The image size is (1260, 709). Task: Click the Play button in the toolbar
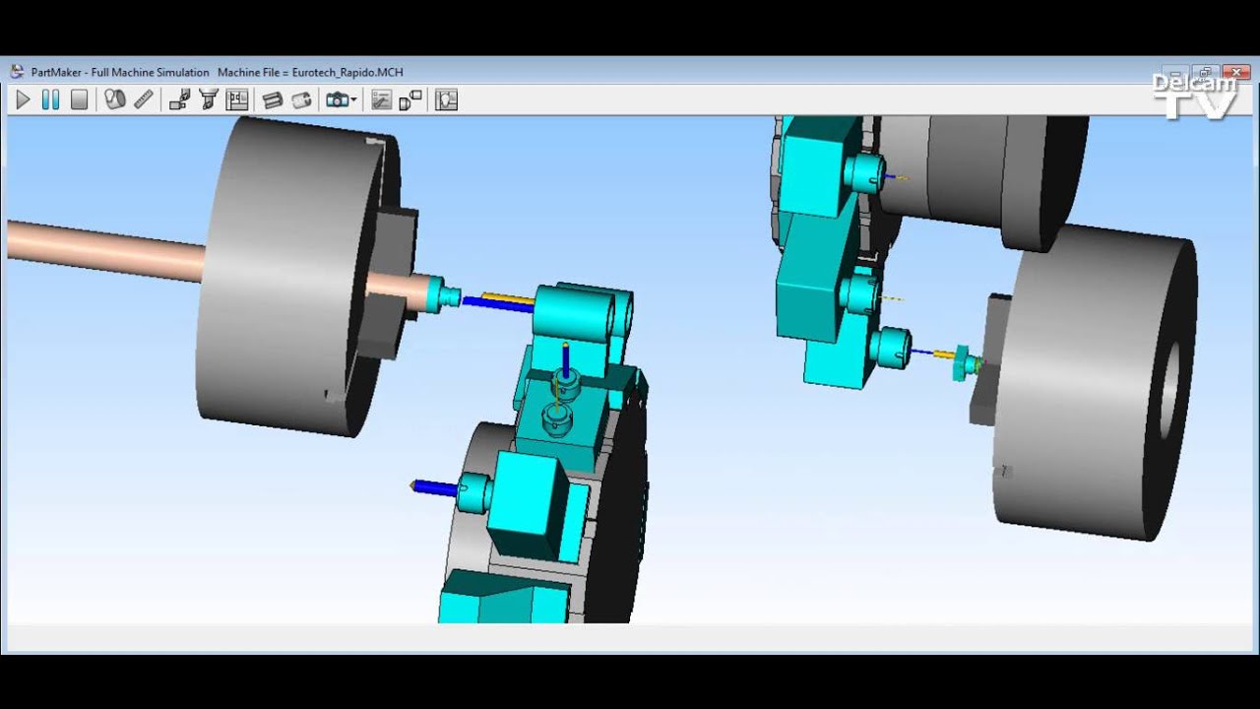click(24, 99)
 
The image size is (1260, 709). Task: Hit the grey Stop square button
click(80, 99)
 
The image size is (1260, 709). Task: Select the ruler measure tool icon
click(144, 99)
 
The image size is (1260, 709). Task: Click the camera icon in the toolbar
click(337, 99)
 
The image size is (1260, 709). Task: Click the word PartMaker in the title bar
click(56, 73)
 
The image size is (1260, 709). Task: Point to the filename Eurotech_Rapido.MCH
click(347, 73)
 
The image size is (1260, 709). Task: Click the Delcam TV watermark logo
click(1194, 95)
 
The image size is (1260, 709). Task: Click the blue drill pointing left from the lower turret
click(432, 486)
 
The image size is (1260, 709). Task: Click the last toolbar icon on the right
click(446, 99)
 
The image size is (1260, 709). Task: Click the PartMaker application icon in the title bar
click(17, 72)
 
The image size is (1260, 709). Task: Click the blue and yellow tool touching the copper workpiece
click(497, 300)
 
